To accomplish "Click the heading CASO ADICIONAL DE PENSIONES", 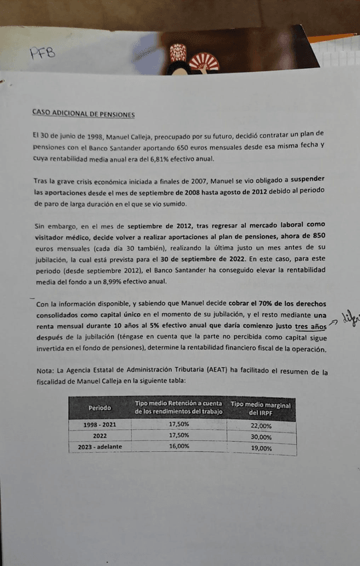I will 83,113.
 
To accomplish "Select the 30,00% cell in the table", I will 261,437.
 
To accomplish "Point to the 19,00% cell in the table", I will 261,448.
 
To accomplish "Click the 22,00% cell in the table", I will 261,425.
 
